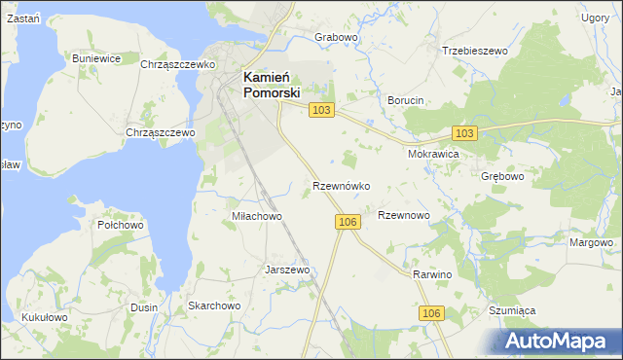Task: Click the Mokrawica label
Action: pos(434,154)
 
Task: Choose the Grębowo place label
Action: pos(503,177)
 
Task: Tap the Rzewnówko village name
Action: pos(341,185)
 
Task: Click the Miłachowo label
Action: pos(256,216)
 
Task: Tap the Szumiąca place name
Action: pos(513,309)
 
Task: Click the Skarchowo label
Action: pos(214,306)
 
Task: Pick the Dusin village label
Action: pos(143,307)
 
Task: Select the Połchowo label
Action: pos(121,224)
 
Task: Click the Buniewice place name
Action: pos(96,58)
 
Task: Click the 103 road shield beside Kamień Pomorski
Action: pos(322,111)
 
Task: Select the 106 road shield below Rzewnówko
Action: pos(350,223)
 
